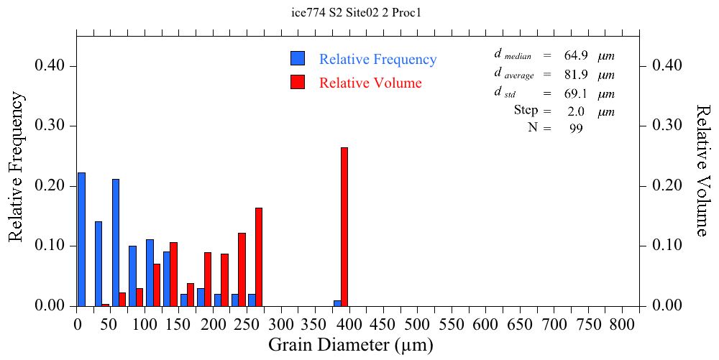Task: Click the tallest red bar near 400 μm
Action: pyautogui.click(x=344, y=226)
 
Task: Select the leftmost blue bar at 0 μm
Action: pyautogui.click(x=81, y=239)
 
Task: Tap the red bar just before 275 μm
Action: pyautogui.click(x=259, y=257)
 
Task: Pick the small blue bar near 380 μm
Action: pyautogui.click(x=337, y=303)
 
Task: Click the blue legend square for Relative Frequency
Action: pyautogui.click(x=298, y=59)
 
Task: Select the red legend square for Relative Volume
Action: pyautogui.click(x=298, y=82)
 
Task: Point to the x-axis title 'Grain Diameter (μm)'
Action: pyautogui.click(x=351, y=345)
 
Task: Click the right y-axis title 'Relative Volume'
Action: pyautogui.click(x=703, y=170)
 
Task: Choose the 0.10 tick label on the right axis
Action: pyautogui.click(x=667, y=246)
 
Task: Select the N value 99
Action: pyautogui.click(x=575, y=129)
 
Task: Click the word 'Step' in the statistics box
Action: pyautogui.click(x=526, y=111)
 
